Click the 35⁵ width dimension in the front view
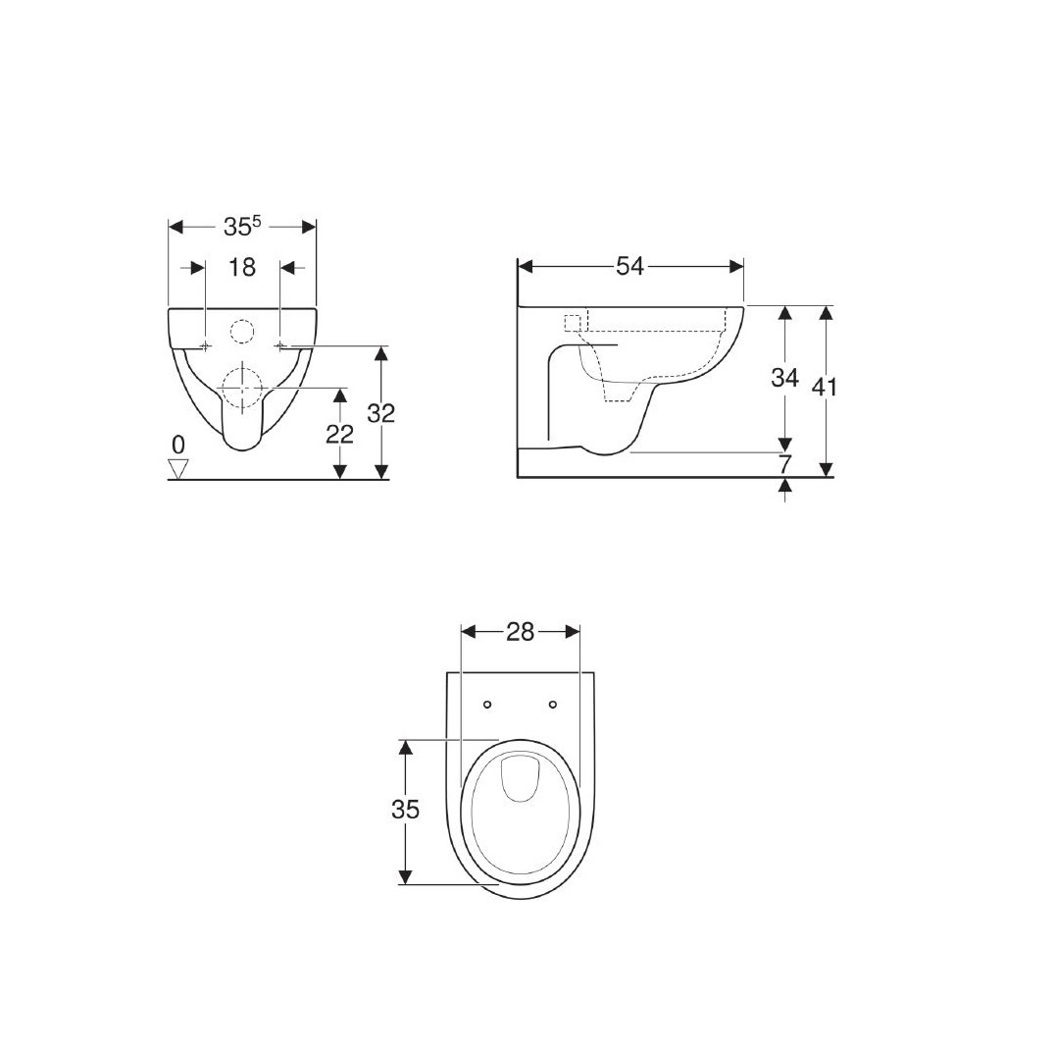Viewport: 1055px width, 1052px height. pyautogui.click(x=241, y=227)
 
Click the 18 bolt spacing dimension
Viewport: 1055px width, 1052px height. pyautogui.click(x=241, y=267)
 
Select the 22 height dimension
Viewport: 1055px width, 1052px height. pyautogui.click(x=339, y=433)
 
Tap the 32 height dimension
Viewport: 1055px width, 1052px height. pyautogui.click(x=380, y=413)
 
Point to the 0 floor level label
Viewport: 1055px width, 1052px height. pyautogui.click(x=177, y=445)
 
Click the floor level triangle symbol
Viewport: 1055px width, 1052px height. pyautogui.click(x=177, y=468)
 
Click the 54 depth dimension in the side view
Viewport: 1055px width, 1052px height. pyautogui.click(x=629, y=266)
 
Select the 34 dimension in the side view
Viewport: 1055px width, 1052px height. pyautogui.click(x=783, y=378)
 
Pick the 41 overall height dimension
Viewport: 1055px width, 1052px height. pyautogui.click(x=825, y=387)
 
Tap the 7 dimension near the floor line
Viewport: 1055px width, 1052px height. pyautogui.click(x=784, y=464)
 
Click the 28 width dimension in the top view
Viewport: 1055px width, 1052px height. pyautogui.click(x=520, y=633)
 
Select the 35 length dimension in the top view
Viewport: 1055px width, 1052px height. pyautogui.click(x=405, y=810)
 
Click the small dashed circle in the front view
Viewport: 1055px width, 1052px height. pyautogui.click(x=240, y=332)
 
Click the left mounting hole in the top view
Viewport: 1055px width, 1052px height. pyautogui.click(x=487, y=705)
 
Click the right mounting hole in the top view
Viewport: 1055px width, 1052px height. pyautogui.click(x=553, y=705)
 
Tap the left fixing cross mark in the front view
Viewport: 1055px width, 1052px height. pyautogui.click(x=204, y=345)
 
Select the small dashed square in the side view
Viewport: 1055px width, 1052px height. pyautogui.click(x=575, y=323)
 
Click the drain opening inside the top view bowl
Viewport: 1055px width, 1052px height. pyautogui.click(x=520, y=778)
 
